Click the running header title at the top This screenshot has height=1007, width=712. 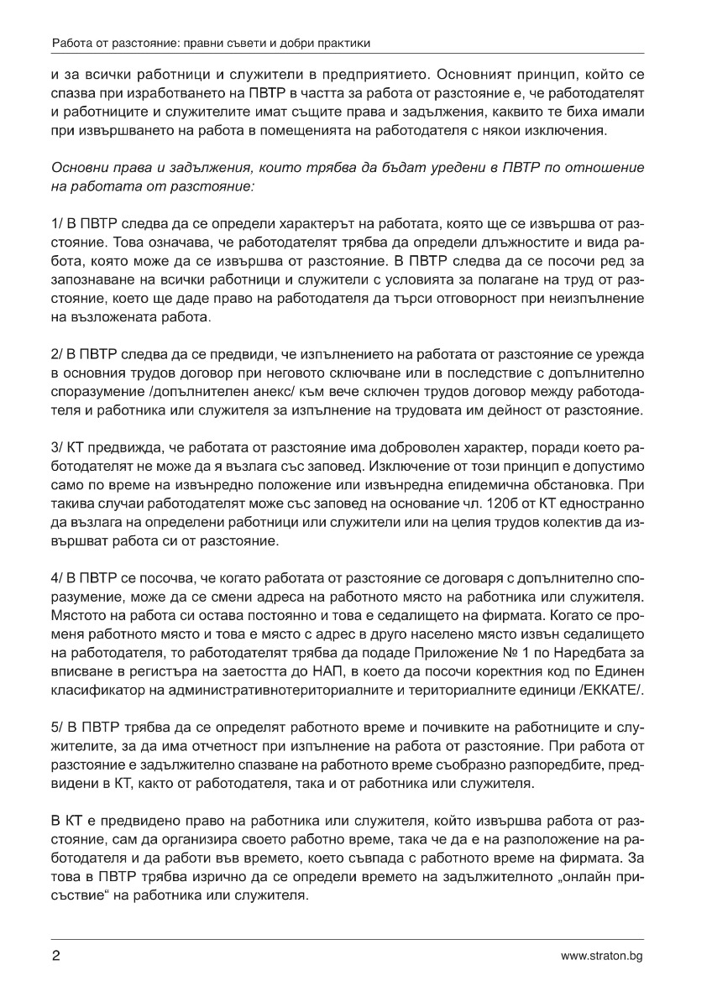(x=211, y=42)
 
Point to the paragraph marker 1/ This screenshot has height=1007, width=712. (x=57, y=226)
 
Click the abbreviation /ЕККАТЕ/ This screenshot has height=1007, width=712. (x=616, y=689)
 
